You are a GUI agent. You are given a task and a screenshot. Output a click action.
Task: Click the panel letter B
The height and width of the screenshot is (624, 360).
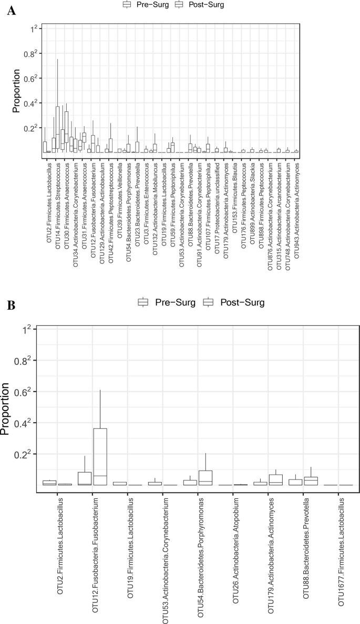coord(10,304)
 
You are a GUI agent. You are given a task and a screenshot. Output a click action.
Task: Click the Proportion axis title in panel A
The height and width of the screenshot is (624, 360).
coord(17,90)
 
